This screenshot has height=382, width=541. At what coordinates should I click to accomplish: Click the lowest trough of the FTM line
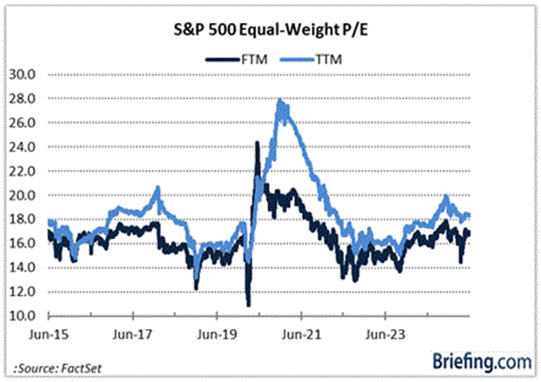(x=248, y=305)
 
